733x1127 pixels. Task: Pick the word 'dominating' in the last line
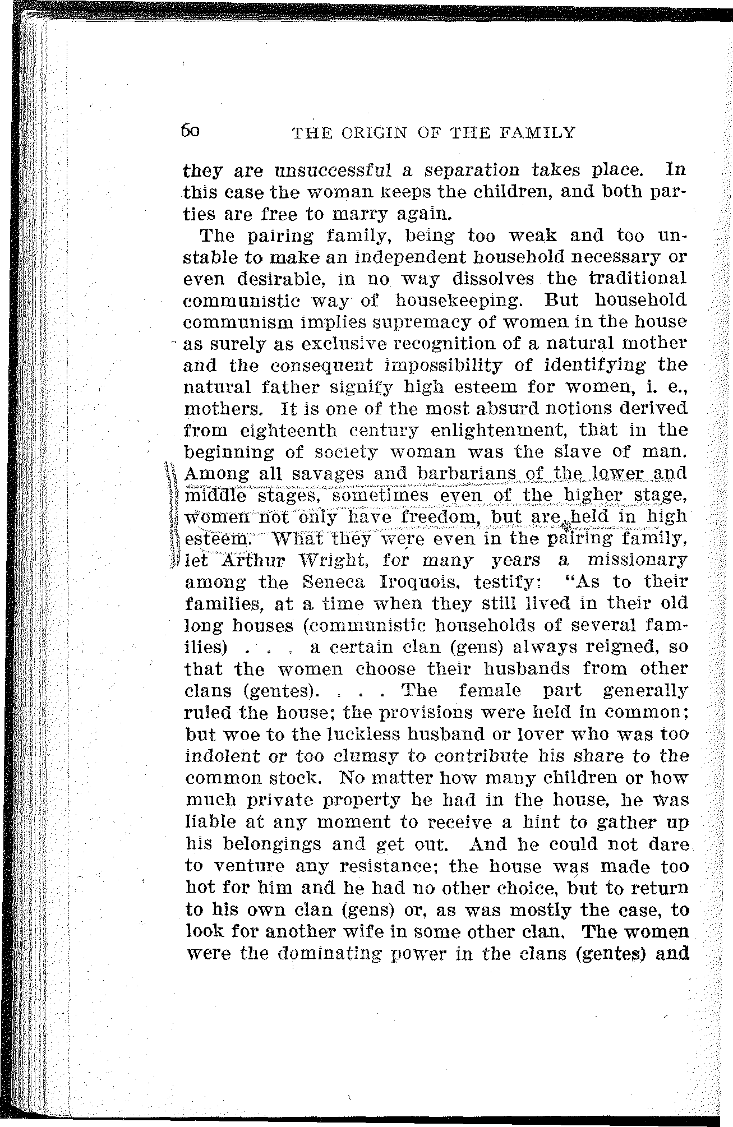pos(316,952)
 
